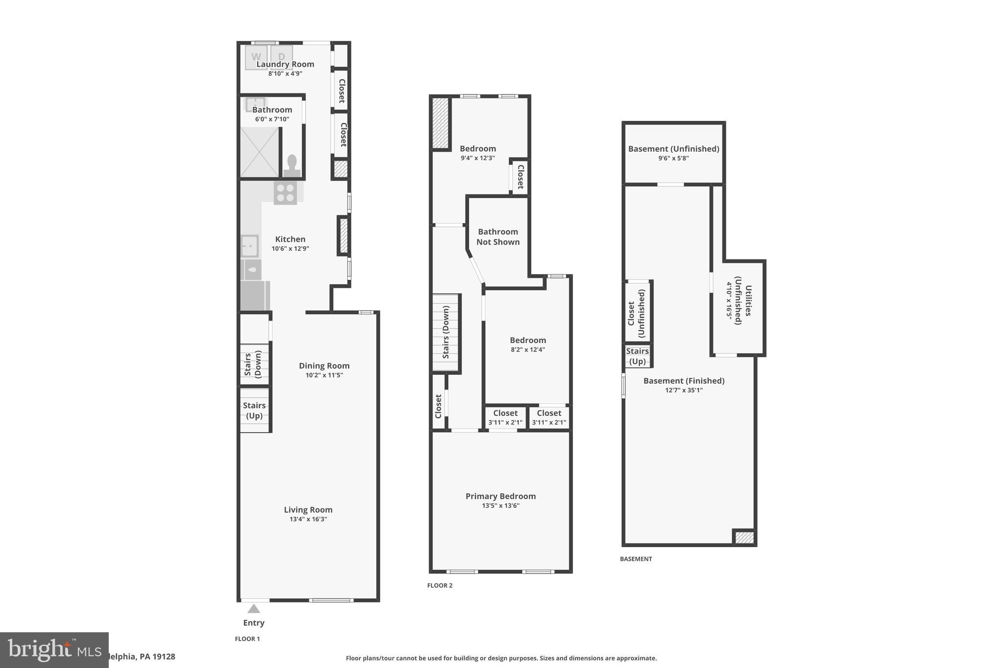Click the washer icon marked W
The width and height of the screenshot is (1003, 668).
pos(256,56)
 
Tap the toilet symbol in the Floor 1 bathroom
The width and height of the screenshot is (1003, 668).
pos(292,165)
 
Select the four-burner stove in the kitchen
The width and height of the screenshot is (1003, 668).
pos(286,192)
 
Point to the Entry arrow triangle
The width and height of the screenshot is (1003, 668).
pos(254,609)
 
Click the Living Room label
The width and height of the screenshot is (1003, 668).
pos(308,509)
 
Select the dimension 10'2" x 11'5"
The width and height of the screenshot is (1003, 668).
pos(324,375)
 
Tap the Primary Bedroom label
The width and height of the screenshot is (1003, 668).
pos(501,496)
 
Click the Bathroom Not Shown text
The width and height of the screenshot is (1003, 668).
pos(498,237)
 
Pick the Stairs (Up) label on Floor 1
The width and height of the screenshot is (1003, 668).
pos(254,410)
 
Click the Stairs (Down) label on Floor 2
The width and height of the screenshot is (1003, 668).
pos(446,332)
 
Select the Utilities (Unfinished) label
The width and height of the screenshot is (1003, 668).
pos(743,300)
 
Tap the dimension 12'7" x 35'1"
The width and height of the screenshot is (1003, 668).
pos(684,391)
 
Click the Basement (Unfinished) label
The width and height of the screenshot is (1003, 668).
pos(673,149)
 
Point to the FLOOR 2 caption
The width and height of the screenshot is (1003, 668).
pos(440,585)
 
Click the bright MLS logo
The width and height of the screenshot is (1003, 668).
pos(54,650)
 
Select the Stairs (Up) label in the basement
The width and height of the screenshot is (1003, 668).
pos(637,356)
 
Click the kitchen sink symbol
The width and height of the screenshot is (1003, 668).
pos(250,246)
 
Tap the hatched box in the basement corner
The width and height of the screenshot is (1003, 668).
pos(744,537)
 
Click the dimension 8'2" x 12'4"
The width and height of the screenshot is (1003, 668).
pos(527,350)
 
